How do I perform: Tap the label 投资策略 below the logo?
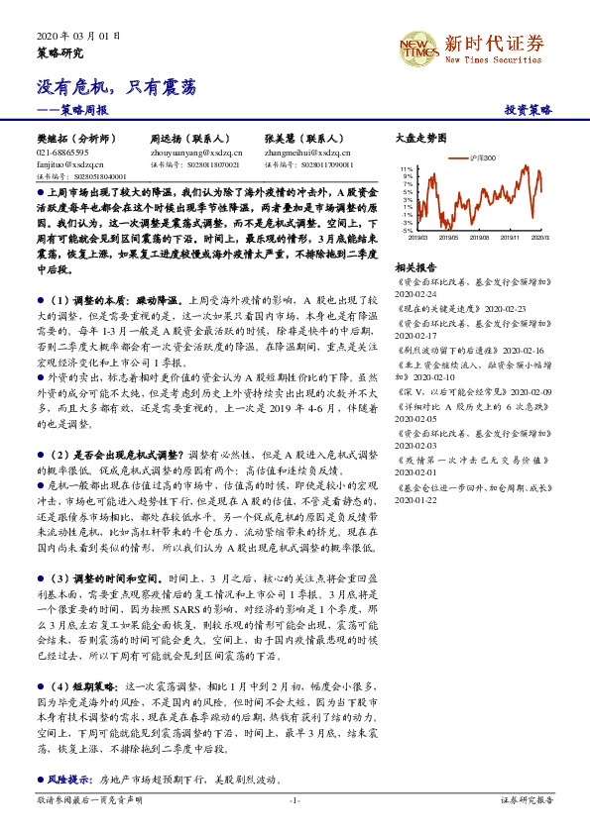pyautogui.click(x=528, y=111)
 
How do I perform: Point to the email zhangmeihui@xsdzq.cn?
pyautogui.click(x=307, y=153)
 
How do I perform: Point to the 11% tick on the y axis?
pyautogui.click(x=407, y=169)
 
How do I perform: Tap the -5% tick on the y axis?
pyautogui.click(x=407, y=232)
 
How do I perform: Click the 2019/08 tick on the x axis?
pyautogui.click(x=477, y=239)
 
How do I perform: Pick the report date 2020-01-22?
pyautogui.click(x=415, y=500)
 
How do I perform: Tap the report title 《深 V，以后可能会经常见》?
pyautogui.click(x=451, y=391)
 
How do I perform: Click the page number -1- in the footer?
pyautogui.click(x=295, y=799)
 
